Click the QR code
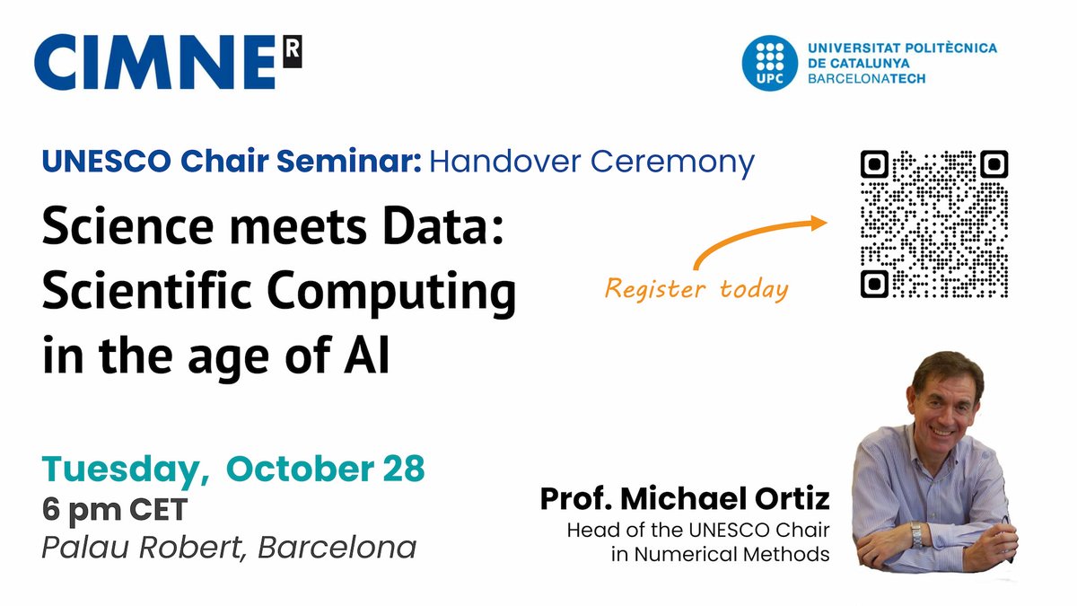tap(933, 224)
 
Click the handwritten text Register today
tap(696, 289)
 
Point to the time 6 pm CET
tap(114, 510)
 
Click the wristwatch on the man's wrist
tap(916, 535)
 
